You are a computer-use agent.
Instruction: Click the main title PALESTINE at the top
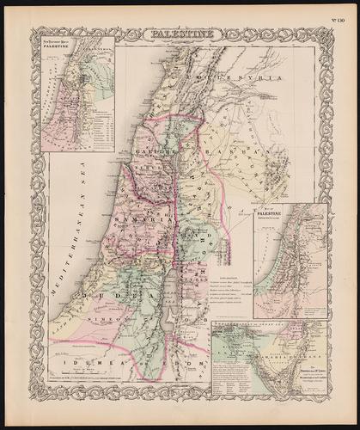(x=180, y=35)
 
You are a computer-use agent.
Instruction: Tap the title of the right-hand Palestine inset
(x=274, y=215)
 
